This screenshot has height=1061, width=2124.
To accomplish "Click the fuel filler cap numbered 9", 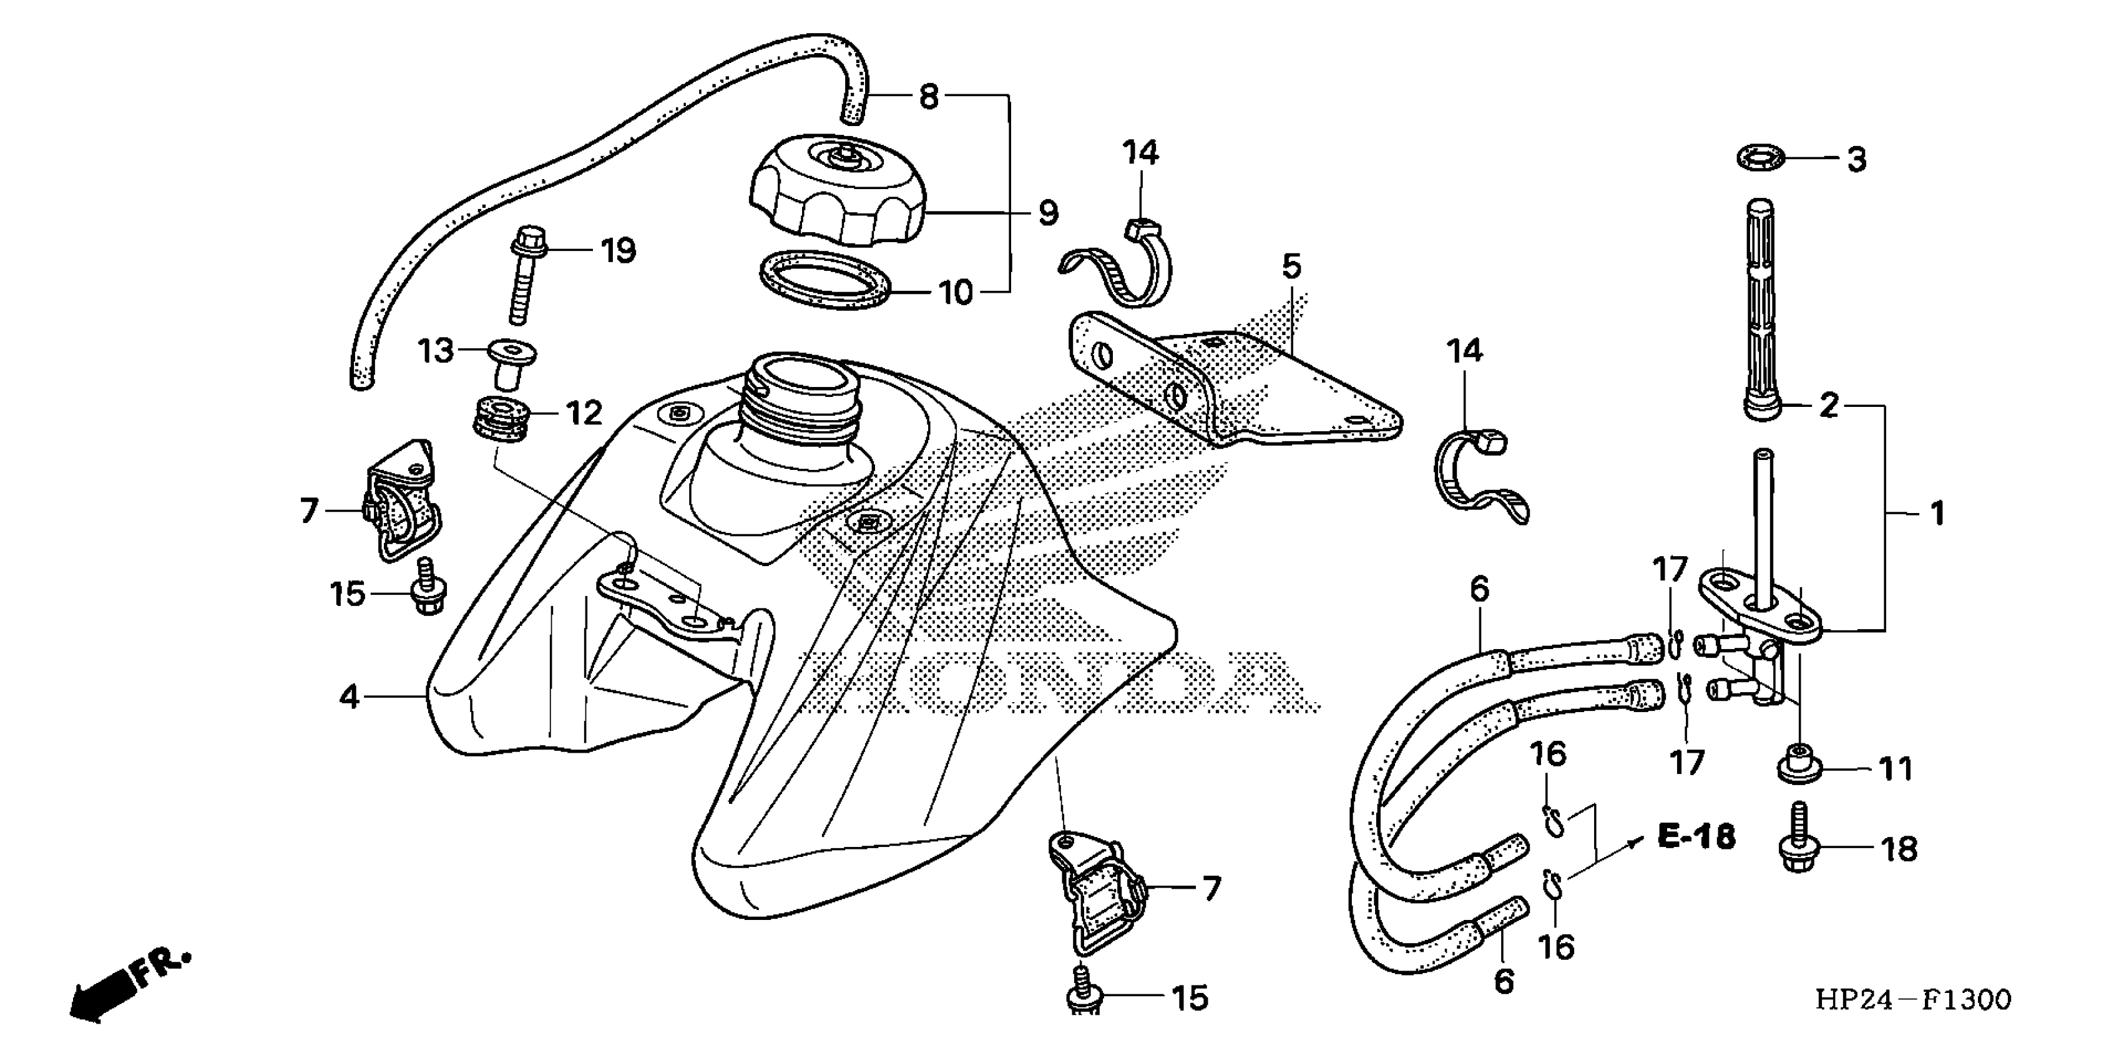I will [837, 192].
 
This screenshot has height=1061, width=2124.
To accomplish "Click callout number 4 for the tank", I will [350, 697].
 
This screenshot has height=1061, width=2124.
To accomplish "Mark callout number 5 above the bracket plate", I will [1291, 266].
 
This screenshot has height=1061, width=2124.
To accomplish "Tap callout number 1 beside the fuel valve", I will [1937, 514].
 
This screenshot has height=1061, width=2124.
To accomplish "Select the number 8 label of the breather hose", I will [928, 97].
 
